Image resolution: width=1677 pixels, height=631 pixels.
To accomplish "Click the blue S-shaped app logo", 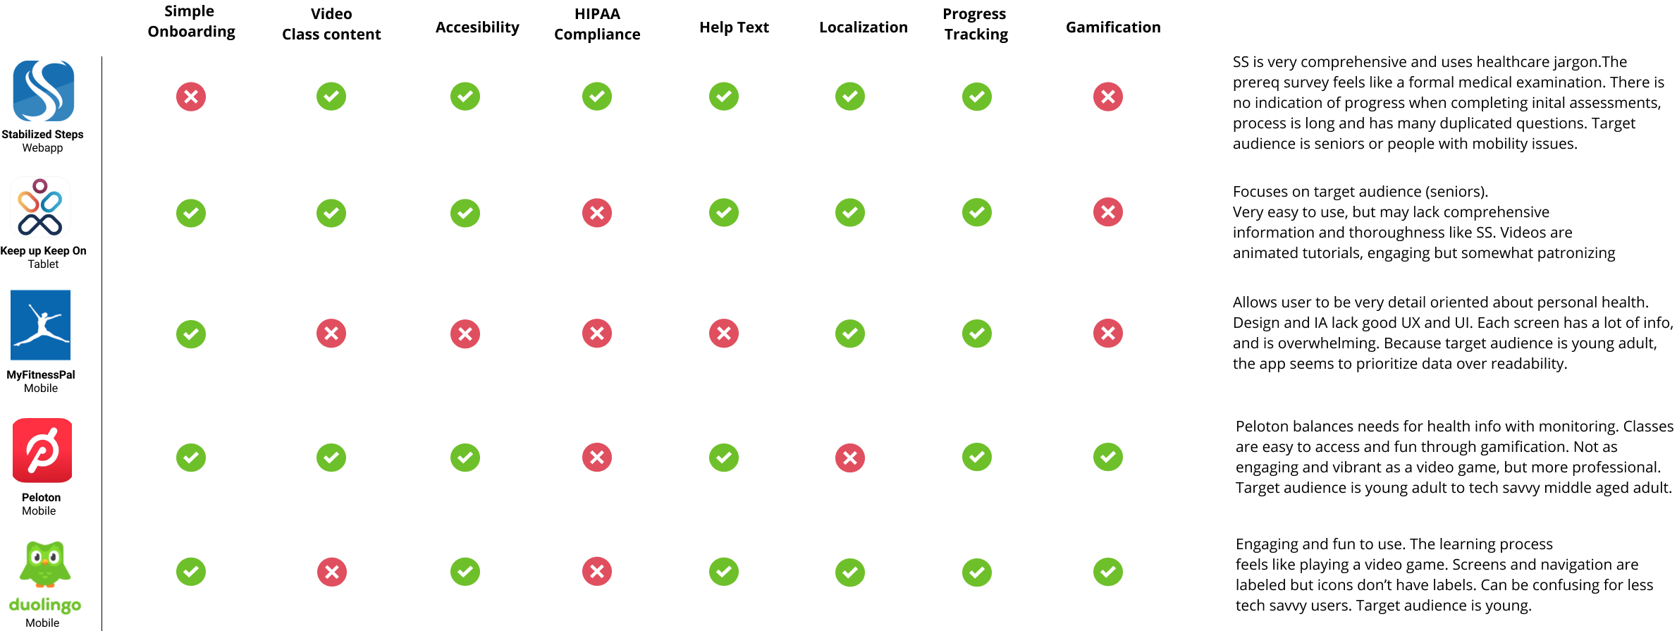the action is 42,91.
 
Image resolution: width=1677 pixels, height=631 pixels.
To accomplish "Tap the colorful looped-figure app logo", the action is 40,207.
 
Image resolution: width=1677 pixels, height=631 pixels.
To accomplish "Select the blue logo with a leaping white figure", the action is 40,325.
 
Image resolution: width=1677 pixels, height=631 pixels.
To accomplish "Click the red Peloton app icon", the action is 42,451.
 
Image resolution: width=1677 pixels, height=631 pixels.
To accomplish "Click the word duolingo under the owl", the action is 44,605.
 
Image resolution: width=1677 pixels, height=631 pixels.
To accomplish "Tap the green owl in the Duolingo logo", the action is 44,565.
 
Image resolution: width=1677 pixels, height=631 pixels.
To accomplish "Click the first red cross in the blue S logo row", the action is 191,97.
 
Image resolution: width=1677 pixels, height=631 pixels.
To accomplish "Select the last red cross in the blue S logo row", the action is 1108,97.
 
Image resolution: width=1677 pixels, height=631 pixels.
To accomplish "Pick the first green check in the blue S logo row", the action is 331,97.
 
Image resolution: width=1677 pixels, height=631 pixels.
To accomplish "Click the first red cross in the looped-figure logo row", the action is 597,212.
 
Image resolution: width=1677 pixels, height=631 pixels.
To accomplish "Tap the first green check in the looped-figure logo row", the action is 191,213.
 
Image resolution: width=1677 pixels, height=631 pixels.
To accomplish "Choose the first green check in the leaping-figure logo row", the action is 191,334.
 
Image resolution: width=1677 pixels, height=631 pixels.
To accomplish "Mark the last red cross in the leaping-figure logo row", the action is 1108,333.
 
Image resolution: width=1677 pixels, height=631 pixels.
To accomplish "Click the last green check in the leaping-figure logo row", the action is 977,333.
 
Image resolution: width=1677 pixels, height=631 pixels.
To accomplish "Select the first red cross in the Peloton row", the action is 597,458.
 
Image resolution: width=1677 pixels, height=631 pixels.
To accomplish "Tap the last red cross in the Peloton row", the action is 850,458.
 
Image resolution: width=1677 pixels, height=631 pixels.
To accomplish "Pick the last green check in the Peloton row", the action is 1108,457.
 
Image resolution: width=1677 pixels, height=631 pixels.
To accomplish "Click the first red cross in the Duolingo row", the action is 332,572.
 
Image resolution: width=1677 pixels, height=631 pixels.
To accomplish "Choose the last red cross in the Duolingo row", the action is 597,572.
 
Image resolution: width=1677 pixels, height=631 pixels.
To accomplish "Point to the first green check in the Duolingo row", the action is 191,572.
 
